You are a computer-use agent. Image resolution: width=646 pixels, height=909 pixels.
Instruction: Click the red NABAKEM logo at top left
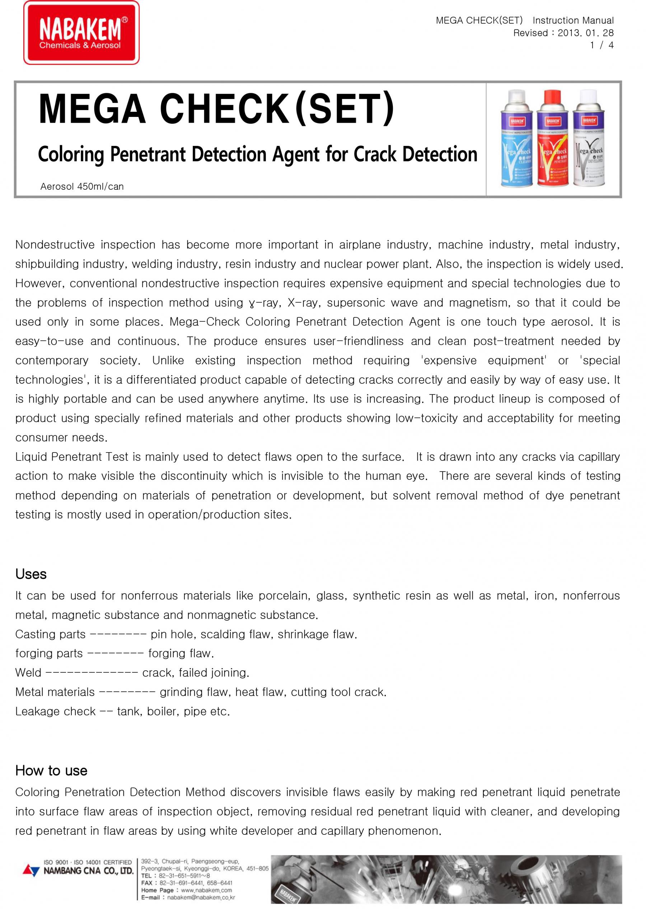81,33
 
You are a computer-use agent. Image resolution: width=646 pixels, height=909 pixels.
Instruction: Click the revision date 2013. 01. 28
586,33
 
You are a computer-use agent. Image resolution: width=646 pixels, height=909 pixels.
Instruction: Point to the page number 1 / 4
602,45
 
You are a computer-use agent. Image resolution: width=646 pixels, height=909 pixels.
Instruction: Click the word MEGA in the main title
92,109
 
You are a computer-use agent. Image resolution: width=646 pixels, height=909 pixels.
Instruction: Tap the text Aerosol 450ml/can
82,186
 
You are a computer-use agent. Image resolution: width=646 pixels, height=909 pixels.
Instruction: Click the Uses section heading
31,574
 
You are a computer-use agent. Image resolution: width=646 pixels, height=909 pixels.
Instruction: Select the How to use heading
51,770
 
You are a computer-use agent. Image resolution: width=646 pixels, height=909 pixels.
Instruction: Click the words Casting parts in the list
51,634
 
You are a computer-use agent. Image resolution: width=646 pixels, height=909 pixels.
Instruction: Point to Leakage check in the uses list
55,711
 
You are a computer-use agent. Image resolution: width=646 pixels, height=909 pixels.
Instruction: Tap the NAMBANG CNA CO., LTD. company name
88,871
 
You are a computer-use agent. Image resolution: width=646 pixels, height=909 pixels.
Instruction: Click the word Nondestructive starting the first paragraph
55,245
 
